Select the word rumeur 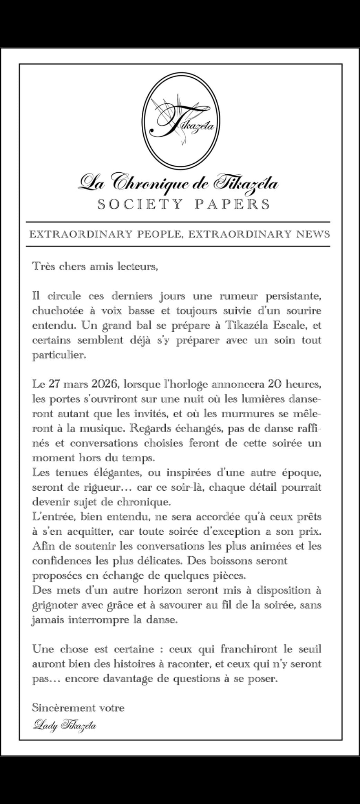238,296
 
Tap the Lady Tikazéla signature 65,725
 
